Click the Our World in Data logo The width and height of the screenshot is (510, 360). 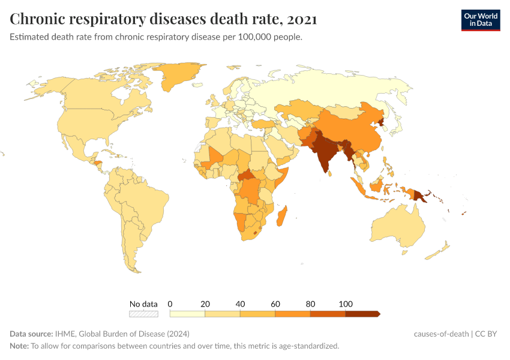pos(480,19)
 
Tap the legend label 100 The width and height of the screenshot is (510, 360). pos(345,304)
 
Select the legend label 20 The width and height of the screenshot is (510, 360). pos(205,304)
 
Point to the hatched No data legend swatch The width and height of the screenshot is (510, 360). pos(143,313)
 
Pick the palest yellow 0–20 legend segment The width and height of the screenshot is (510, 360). pos(187,313)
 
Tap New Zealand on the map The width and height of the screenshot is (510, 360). pos(438,251)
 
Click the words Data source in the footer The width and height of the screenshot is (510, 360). pos(31,334)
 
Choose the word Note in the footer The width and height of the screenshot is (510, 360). pos(19,346)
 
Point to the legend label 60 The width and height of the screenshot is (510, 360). pos(275,304)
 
